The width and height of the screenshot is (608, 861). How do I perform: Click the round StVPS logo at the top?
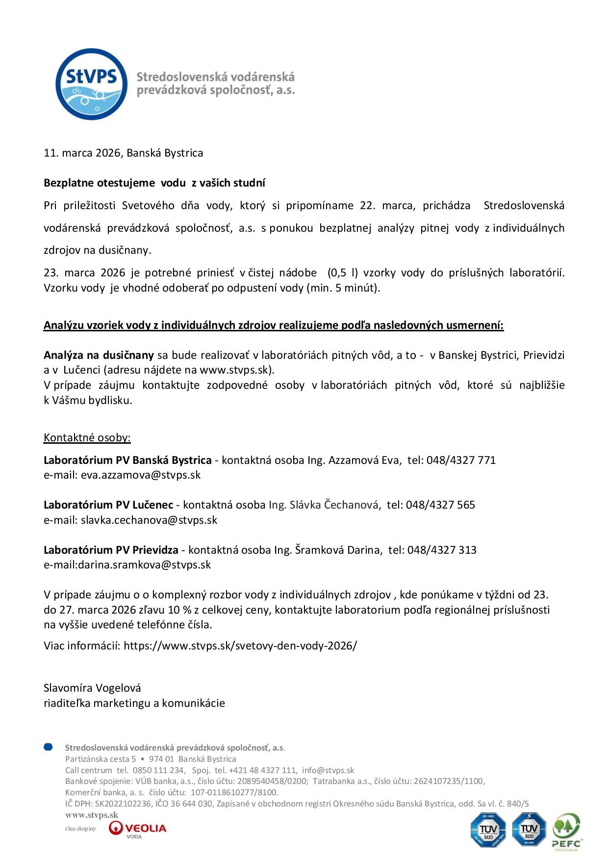91,84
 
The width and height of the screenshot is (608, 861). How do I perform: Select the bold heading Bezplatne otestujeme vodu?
154,183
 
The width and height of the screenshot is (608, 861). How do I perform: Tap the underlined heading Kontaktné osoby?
87,438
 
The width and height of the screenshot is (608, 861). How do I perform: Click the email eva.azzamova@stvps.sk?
140,475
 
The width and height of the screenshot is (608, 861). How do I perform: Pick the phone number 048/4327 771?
460,460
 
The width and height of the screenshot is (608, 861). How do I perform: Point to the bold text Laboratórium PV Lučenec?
108,505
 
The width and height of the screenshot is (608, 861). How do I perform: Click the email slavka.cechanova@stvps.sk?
149,520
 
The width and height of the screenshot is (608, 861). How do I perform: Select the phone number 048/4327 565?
440,505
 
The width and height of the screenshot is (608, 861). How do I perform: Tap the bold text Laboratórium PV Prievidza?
111,550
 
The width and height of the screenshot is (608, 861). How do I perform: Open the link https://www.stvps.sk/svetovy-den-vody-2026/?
240,646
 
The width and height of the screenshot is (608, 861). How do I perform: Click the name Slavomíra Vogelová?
92,688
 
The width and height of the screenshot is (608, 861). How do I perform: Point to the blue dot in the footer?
48,747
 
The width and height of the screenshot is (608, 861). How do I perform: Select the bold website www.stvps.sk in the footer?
92,815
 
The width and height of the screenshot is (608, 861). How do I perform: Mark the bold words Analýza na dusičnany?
99,355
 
